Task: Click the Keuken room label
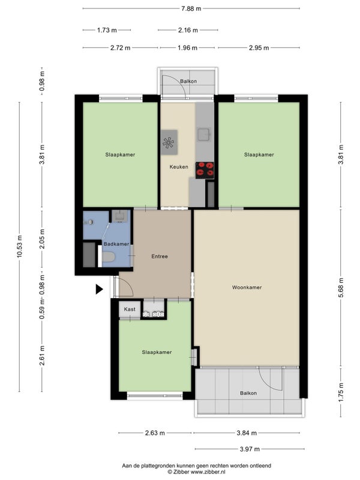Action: tap(179, 167)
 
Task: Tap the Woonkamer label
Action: tap(247, 287)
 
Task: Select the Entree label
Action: tap(160, 257)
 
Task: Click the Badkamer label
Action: tap(116, 244)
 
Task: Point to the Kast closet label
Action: tap(130, 309)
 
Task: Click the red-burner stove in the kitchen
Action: tap(205, 170)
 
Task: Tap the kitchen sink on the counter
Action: tap(203, 134)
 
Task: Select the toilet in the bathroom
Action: tap(108, 257)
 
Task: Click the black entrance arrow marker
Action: tap(99, 289)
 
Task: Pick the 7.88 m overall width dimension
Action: tap(191, 8)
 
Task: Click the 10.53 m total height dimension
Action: tap(19, 247)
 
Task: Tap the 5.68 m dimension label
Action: tap(341, 287)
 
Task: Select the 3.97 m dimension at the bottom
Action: tap(250, 449)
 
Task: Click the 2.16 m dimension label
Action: tap(188, 30)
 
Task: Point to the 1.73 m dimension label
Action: tap(107, 30)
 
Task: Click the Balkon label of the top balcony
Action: tap(188, 81)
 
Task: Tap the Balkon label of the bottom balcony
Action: tap(248, 393)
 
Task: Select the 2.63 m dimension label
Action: tap(155, 433)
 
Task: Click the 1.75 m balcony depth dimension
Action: tap(341, 392)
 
